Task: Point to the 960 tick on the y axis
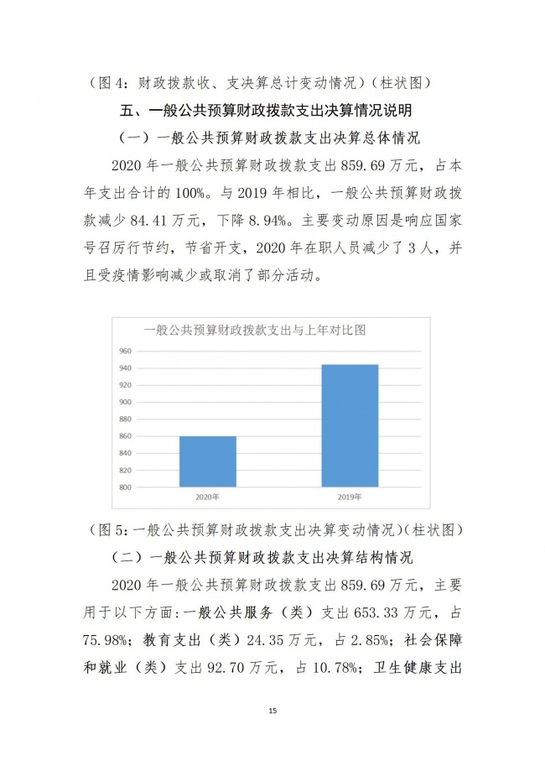tap(125, 351)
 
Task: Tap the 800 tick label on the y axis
tap(125, 487)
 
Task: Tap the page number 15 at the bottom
tap(272, 711)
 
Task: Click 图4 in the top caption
tap(112, 83)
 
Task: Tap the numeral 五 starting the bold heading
tap(129, 111)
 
